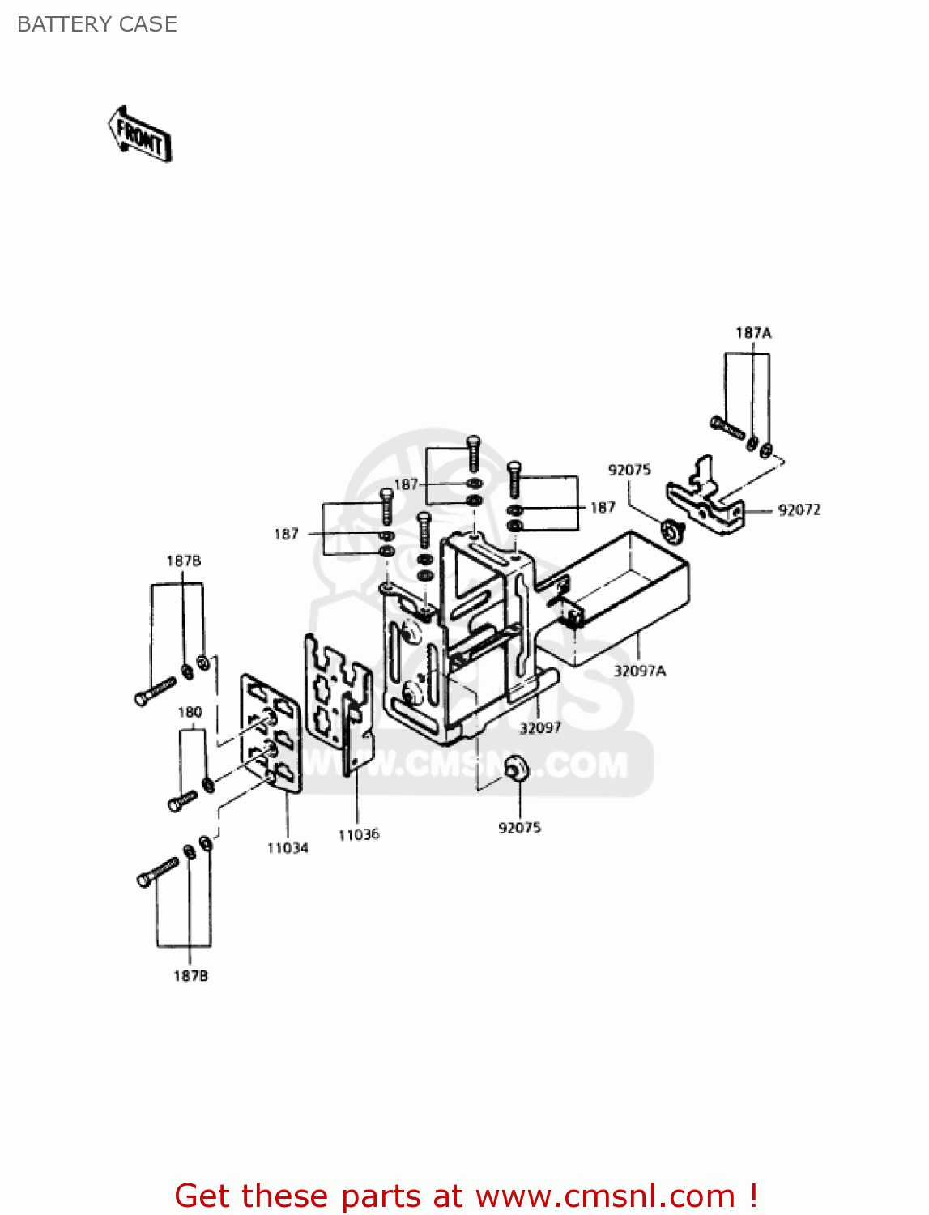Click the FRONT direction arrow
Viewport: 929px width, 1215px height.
(x=139, y=134)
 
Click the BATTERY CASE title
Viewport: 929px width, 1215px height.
(x=97, y=24)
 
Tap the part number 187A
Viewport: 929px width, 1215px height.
(x=753, y=333)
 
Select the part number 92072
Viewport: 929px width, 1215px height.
(x=799, y=509)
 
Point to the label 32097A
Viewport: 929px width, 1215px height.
(x=639, y=671)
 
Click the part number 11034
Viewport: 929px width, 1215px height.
(x=288, y=847)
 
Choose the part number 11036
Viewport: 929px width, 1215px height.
(x=358, y=834)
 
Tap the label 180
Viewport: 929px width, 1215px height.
(x=190, y=712)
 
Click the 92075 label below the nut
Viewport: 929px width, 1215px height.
(x=519, y=827)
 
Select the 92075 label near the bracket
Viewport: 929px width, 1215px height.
(x=629, y=470)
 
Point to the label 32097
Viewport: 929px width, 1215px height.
(x=540, y=727)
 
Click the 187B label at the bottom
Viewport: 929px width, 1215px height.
(x=190, y=976)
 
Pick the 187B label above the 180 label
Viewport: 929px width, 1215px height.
(x=184, y=561)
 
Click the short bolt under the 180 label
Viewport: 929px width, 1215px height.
(x=181, y=801)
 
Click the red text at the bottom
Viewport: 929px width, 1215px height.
(x=466, y=1196)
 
